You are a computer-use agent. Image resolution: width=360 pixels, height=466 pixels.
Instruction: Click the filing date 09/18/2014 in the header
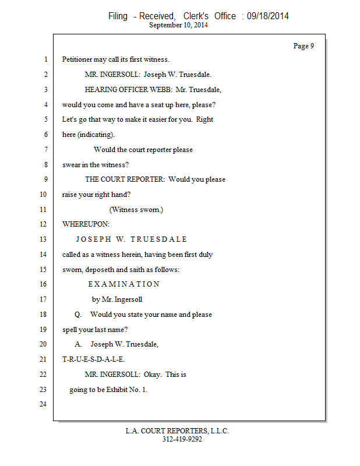point(267,16)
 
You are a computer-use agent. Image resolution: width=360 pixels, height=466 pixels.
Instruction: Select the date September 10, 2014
point(178,25)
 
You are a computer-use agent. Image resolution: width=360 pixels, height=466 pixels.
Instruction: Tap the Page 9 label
point(303,46)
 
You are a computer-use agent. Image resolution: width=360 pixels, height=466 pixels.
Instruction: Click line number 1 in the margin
point(45,59)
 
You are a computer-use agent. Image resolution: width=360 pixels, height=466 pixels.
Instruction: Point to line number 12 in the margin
point(43,224)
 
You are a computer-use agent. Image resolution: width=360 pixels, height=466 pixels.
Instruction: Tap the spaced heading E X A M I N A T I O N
point(123,284)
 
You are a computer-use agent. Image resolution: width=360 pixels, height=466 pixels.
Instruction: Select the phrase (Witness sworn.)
point(136,210)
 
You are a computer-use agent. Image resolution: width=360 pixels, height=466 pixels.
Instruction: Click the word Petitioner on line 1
point(79,59)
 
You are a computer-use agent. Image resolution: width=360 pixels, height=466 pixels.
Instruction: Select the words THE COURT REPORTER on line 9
point(124,179)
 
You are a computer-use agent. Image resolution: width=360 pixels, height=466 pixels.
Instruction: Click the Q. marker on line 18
point(78,315)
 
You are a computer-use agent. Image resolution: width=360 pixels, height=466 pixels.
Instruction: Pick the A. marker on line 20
point(78,344)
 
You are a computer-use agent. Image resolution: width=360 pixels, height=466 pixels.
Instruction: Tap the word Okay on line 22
point(153,375)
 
